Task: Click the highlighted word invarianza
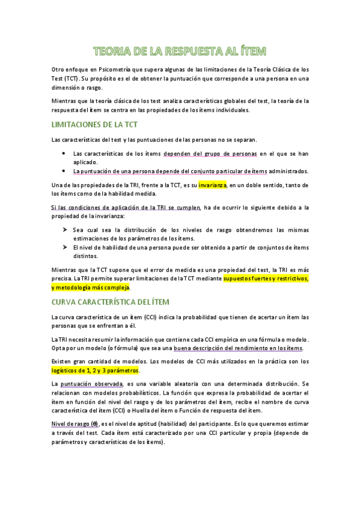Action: (212, 185)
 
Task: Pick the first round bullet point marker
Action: (64, 154)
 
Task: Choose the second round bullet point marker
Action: (64, 171)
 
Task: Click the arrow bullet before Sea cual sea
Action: (64, 230)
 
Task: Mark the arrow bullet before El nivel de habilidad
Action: (64, 247)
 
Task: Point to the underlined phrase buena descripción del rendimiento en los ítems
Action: (239, 348)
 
